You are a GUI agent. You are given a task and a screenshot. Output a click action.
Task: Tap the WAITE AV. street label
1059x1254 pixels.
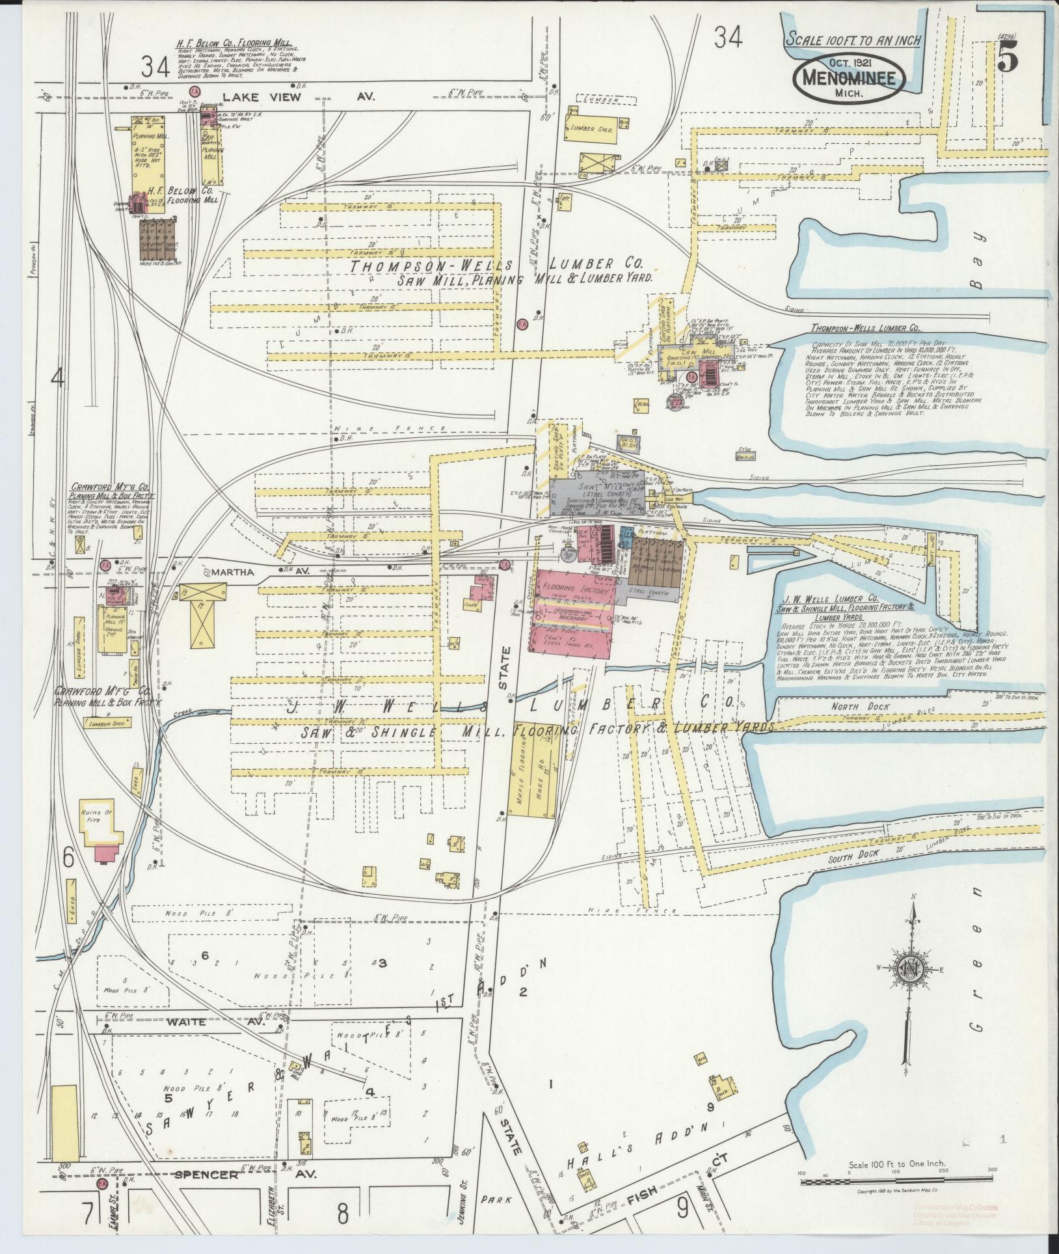pyautogui.click(x=187, y=1022)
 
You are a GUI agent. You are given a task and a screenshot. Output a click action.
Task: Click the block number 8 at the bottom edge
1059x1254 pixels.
pyautogui.click(x=342, y=1212)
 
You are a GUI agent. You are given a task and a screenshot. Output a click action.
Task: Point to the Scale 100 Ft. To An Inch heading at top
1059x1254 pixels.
pyautogui.click(x=853, y=40)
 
